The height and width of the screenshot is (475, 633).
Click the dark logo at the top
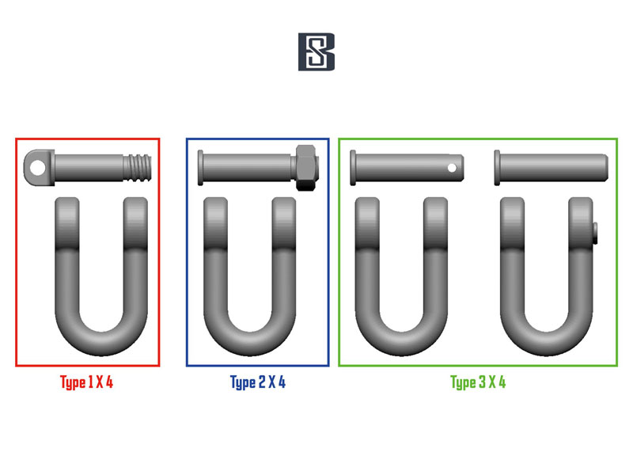click(x=316, y=51)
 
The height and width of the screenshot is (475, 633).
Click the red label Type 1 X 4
click(x=87, y=382)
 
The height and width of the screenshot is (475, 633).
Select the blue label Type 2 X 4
click(x=258, y=382)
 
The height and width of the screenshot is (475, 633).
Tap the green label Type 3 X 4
click(x=478, y=382)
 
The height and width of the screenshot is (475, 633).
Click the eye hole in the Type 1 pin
click(x=38, y=167)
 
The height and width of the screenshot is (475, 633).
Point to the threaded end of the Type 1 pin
click(x=138, y=168)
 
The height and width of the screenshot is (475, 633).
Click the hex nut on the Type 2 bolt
click(x=307, y=167)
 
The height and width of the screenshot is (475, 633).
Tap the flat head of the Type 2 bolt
click(x=200, y=168)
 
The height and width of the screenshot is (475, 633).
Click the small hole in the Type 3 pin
click(x=452, y=167)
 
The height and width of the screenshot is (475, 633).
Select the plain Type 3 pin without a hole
click(x=551, y=168)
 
